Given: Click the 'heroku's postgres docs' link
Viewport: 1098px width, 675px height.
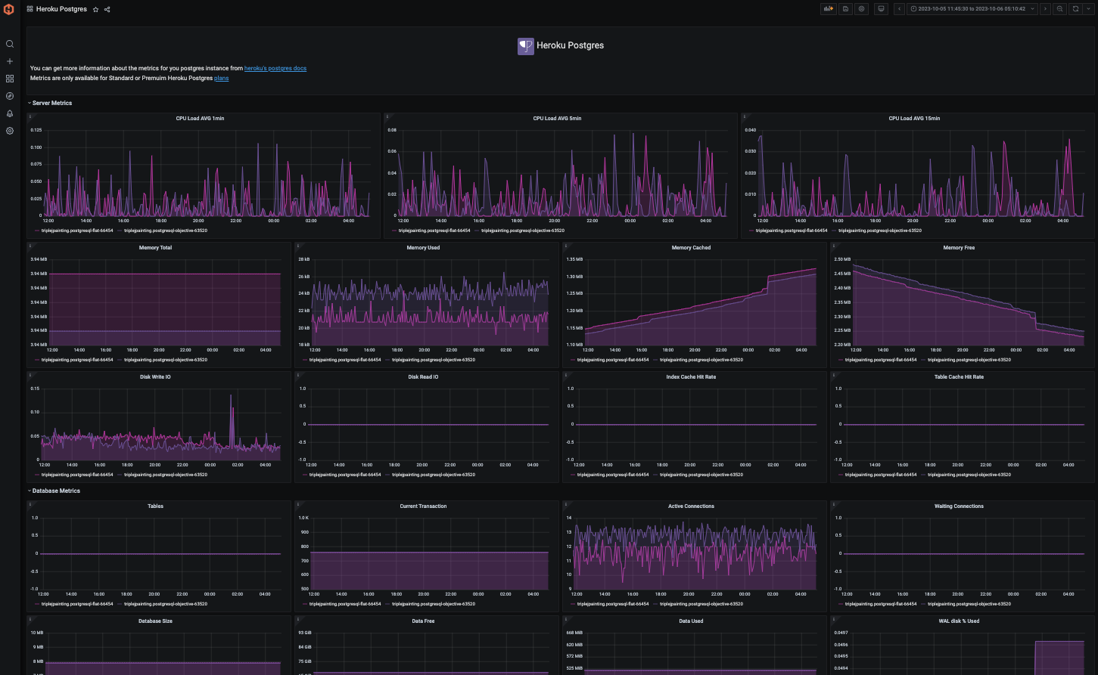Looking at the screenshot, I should [x=275, y=69].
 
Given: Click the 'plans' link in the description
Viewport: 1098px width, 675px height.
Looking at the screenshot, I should [x=221, y=79].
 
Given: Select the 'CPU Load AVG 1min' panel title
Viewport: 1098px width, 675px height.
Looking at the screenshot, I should [x=200, y=119].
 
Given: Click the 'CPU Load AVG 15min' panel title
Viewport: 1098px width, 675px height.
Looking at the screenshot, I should [x=914, y=119].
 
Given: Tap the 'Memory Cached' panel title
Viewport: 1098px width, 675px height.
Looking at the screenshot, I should [x=691, y=248].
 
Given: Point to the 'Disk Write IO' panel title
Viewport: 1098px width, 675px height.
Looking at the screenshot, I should [x=155, y=377].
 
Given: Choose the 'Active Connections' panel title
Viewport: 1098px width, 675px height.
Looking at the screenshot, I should [x=691, y=506].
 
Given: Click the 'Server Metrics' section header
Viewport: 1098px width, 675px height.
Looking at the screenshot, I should [x=51, y=103].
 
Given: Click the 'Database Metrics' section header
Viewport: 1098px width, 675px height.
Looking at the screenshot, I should [x=55, y=491].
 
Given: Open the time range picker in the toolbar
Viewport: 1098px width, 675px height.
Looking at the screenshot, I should [x=972, y=9].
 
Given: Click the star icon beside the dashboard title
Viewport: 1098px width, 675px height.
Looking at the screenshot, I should [x=95, y=9].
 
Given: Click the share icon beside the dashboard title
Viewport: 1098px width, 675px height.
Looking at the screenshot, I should [x=107, y=9].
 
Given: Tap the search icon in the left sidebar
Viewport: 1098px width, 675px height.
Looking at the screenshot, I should [x=10, y=44].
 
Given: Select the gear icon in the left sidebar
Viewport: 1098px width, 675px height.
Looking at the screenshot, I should [x=10, y=131].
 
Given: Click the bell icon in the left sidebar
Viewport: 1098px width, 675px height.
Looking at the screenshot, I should [x=10, y=113].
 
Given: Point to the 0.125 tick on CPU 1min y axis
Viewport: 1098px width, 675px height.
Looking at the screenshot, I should [x=36, y=130].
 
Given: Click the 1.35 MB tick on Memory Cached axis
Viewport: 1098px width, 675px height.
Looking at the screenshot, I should [x=574, y=259].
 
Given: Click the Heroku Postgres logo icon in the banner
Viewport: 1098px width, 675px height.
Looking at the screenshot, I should [x=525, y=46].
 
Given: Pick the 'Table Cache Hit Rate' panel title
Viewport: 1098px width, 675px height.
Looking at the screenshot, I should [x=959, y=377].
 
